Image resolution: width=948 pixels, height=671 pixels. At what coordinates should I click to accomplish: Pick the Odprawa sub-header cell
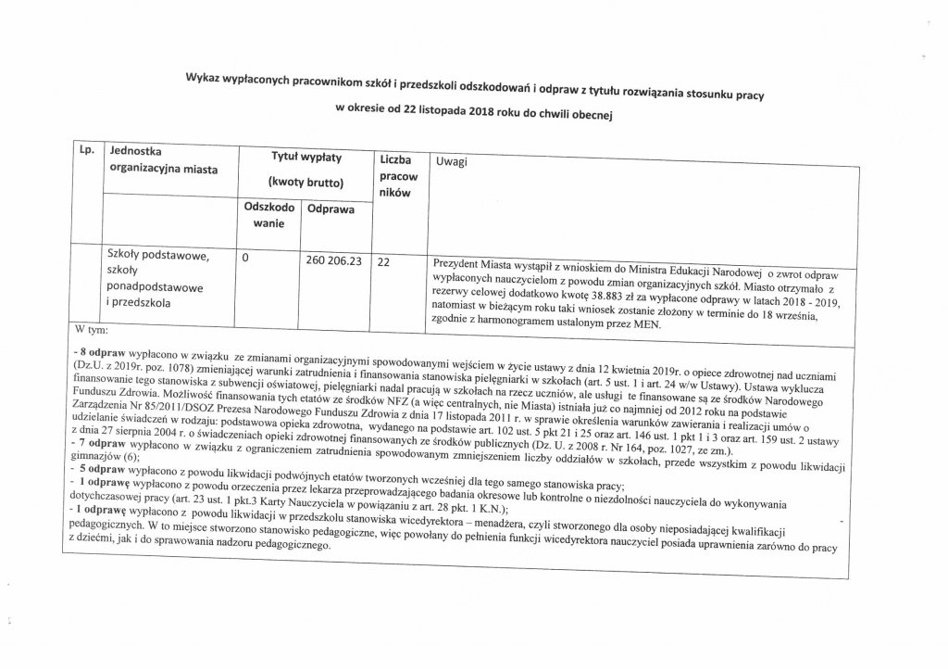(x=331, y=210)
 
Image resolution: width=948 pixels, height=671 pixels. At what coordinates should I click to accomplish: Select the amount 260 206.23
(x=331, y=261)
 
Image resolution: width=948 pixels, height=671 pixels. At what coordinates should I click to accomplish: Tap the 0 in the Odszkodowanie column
(x=244, y=260)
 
